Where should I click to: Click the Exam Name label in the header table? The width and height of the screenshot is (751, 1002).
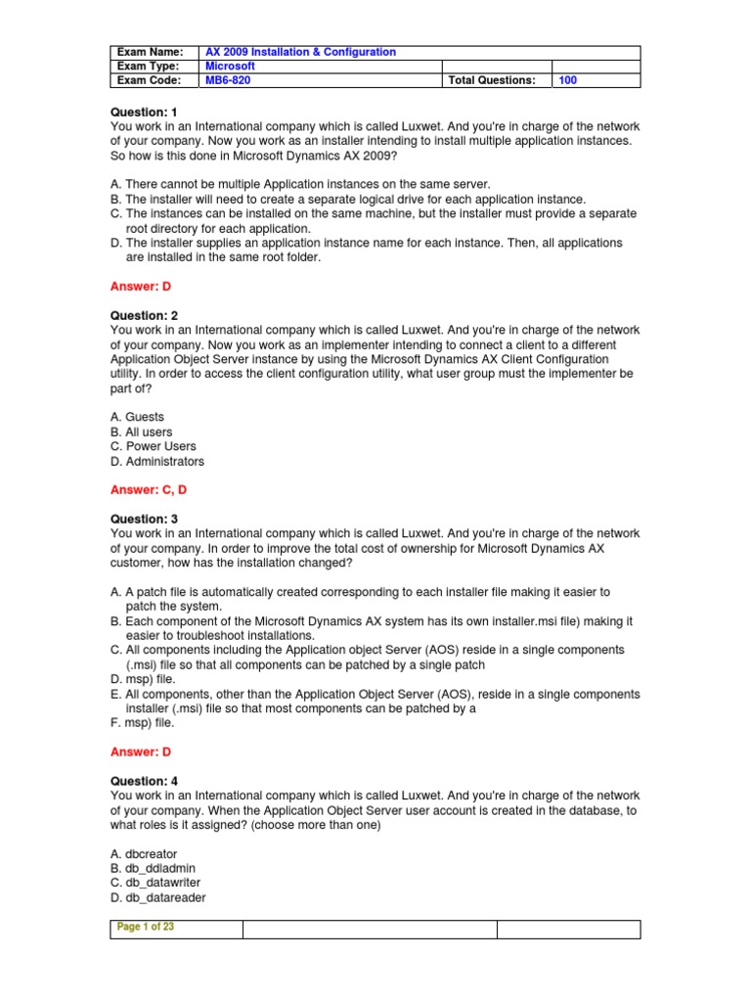click(150, 52)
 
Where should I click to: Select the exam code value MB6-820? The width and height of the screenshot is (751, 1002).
click(227, 80)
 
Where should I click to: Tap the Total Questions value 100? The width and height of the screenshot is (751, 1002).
click(567, 80)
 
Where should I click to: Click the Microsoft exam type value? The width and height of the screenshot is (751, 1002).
click(230, 66)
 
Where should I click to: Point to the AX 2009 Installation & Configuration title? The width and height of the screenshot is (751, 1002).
click(300, 52)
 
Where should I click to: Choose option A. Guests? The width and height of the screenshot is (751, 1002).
click(138, 417)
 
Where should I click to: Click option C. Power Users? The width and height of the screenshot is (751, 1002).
click(154, 446)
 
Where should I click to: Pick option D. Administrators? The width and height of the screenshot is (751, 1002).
click(157, 461)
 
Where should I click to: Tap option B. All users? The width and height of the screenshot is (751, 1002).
click(142, 432)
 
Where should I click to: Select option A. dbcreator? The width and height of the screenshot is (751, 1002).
click(144, 854)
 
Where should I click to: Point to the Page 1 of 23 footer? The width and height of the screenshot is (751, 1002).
click(145, 928)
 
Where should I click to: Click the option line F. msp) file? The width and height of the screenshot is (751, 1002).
click(143, 723)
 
